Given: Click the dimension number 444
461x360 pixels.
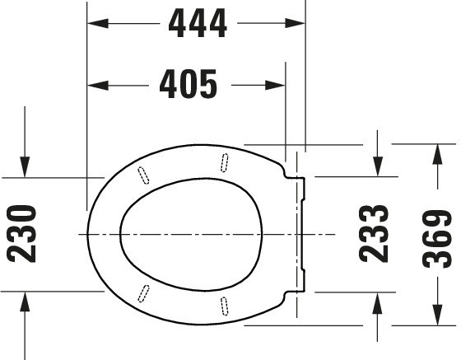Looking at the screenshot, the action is tap(198, 23).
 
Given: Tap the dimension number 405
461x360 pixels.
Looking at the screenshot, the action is tap(189, 84).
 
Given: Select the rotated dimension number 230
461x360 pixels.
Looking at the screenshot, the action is tap(21, 234).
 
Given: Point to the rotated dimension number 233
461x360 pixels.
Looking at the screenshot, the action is tap(374, 233).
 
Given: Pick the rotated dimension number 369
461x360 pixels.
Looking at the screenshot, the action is tap(437, 239).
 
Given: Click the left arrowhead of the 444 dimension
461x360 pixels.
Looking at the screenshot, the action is tap(98, 23).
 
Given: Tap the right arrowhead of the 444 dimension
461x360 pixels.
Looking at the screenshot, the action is tap(295, 23).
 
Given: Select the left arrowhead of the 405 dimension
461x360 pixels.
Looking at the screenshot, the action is tap(98, 86).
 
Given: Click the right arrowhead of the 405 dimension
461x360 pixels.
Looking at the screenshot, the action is tap(275, 86).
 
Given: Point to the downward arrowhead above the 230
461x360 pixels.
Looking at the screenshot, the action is tap(25, 167).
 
